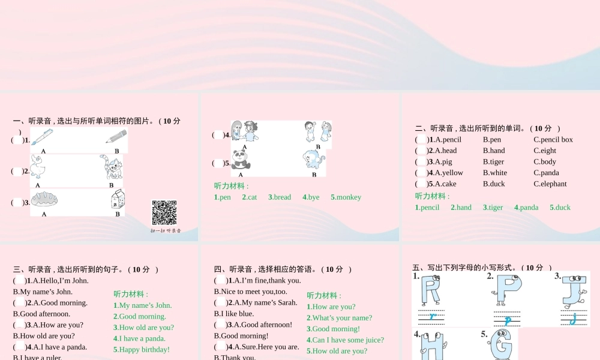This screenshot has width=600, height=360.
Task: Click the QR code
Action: [164, 212]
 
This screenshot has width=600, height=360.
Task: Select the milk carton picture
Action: [118, 199]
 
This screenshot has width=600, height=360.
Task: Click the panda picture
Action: [241, 160]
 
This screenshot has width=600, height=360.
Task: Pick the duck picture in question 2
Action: [39, 167]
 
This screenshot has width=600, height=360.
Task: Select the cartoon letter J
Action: [574, 290]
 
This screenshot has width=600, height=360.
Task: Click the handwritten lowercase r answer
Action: [432, 316]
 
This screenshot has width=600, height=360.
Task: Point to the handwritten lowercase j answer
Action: [574, 319]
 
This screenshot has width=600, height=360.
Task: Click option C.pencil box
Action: [553, 140]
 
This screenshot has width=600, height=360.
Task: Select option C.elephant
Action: [550, 184]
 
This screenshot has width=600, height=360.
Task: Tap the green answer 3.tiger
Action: [493, 208]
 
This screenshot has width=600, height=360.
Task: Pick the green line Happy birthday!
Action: [142, 350]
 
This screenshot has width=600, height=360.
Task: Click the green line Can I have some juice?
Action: [345, 340]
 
